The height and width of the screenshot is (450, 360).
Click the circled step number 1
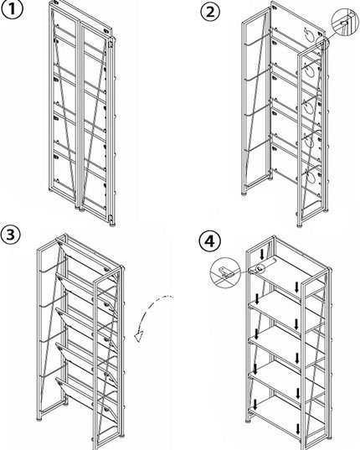[x=12, y=9]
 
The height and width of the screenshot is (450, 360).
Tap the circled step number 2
[x=210, y=12]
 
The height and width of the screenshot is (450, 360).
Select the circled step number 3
[x=10, y=235]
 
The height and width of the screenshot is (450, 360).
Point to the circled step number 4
[x=210, y=241]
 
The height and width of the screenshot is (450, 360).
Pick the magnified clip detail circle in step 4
[x=225, y=272]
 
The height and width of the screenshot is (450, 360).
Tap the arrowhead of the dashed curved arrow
[x=140, y=336]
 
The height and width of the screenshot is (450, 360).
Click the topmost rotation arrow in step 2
[x=310, y=35]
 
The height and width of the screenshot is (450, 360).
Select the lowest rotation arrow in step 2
[x=311, y=177]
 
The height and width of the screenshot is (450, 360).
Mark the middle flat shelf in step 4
[x=286, y=346]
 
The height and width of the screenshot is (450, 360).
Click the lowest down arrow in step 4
[x=297, y=429]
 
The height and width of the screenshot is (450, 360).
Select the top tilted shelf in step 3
[x=87, y=256]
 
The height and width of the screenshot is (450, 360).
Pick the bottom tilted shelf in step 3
[x=87, y=397]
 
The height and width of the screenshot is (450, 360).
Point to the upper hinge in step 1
[x=109, y=43]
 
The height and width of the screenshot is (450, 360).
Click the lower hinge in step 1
[x=110, y=218]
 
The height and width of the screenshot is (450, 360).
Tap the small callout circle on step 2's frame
[x=322, y=43]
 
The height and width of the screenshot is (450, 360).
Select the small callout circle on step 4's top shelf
[x=260, y=268]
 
